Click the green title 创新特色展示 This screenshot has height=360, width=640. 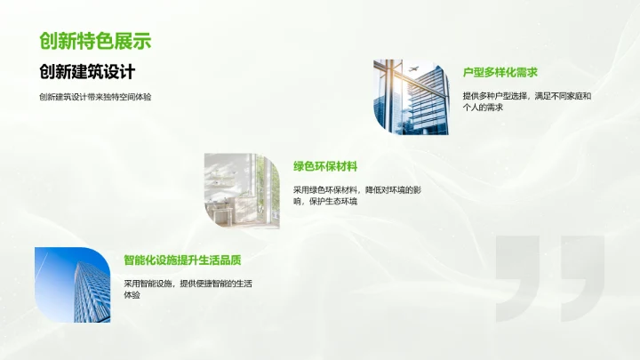[x=95, y=41]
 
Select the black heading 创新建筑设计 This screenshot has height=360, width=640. [x=92, y=72]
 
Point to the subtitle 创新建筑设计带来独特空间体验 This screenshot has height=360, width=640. [x=94, y=96]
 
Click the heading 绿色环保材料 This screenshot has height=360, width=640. [x=325, y=166]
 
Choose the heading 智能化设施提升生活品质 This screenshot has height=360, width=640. [x=183, y=260]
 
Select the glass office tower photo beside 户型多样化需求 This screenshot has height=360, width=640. [x=412, y=98]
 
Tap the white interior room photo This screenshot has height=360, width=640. [x=236, y=191]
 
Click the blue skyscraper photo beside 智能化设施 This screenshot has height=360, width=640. [x=73, y=284]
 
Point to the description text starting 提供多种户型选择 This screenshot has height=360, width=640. [x=526, y=95]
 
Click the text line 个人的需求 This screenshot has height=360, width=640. [x=483, y=108]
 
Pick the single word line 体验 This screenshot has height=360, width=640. [x=132, y=296]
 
